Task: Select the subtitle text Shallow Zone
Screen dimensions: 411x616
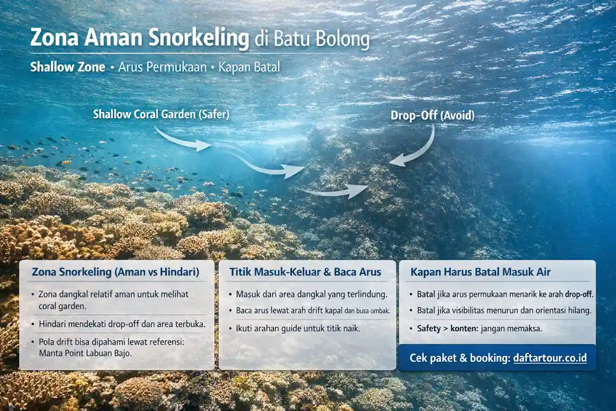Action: (x=67, y=67)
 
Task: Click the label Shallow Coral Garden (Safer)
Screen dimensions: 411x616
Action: (x=161, y=115)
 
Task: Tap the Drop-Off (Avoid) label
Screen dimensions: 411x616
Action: (x=432, y=116)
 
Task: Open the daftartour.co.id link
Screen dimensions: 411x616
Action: (x=549, y=358)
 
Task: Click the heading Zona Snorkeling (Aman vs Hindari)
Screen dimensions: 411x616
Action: (x=115, y=272)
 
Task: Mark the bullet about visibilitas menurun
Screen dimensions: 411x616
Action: (x=500, y=311)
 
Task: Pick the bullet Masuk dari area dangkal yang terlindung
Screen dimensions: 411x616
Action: (x=311, y=294)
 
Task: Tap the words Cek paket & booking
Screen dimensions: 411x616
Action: (x=459, y=358)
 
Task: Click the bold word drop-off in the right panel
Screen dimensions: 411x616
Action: (x=579, y=294)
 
